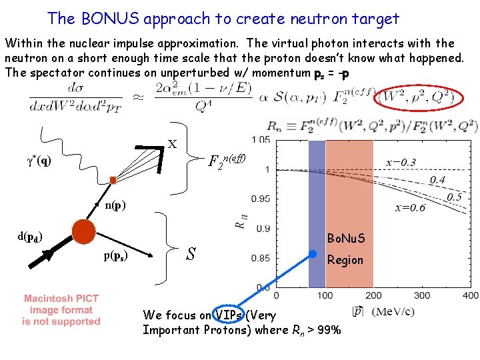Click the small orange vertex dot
click(x=113, y=180)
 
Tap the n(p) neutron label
click(x=117, y=205)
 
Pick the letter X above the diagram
click(x=172, y=144)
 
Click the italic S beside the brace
click(x=191, y=254)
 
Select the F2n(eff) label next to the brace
click(x=228, y=160)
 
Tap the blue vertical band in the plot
click(x=316, y=213)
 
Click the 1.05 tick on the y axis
click(x=259, y=139)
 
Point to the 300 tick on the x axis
click(x=421, y=295)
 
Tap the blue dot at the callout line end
click(x=313, y=253)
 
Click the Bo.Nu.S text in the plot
click(x=346, y=238)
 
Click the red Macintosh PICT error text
click(x=61, y=309)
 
